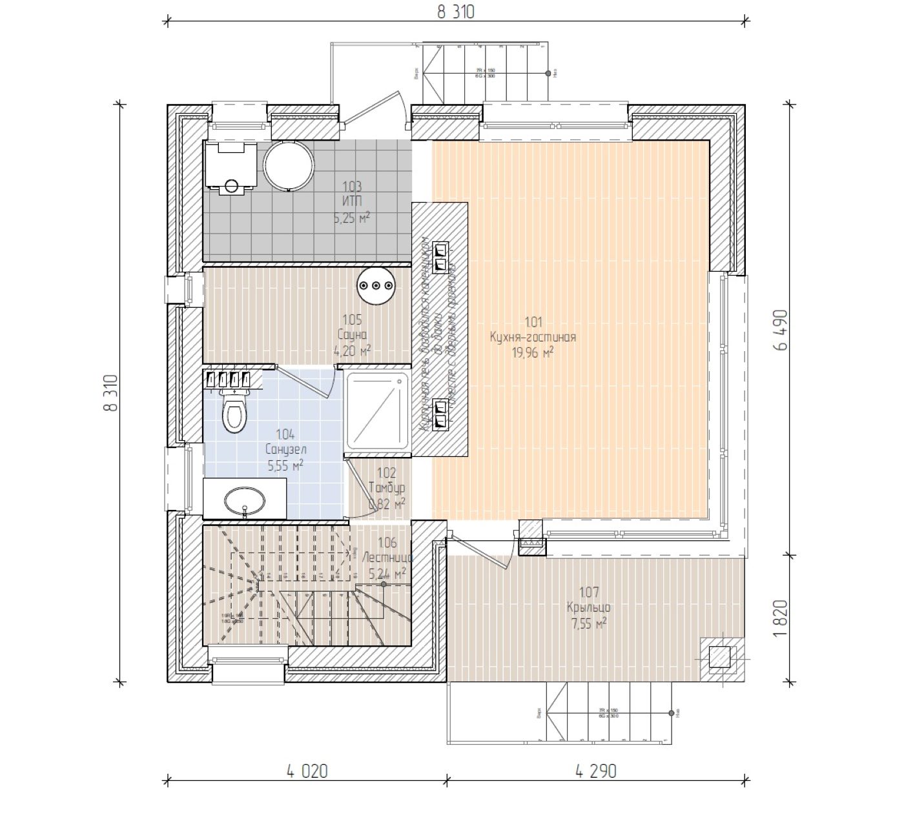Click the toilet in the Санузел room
pos(234,412)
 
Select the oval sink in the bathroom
pos(244,500)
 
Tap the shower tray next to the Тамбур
pos(377,412)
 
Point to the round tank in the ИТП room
pos(288,166)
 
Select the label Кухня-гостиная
pos(533,337)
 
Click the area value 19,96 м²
pos(533,352)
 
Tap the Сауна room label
pos(352,335)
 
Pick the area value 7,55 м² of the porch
pos(588,623)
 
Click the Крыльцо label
pos(588,607)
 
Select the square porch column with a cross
pos(719,657)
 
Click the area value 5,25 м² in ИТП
pos(352,218)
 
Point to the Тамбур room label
pos(386,488)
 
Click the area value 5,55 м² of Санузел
pos(285,464)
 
